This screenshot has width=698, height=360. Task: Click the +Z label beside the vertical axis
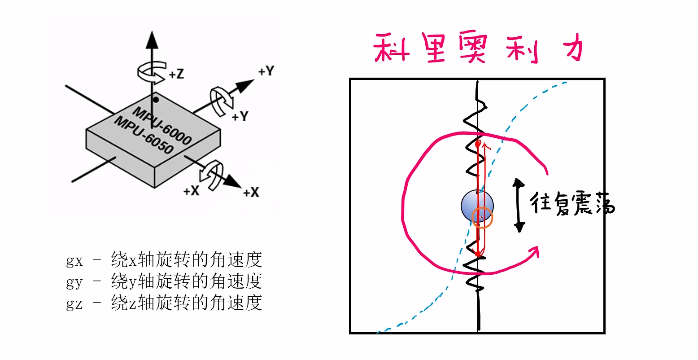[177, 74]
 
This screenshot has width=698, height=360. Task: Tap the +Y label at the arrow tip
[266, 71]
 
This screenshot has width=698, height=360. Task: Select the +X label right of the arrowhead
[251, 193]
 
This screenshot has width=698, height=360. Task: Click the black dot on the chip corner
[156, 99]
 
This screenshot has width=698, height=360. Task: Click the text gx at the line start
[74, 260]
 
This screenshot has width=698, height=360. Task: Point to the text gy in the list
[74, 281]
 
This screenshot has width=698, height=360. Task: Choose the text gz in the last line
[74, 303]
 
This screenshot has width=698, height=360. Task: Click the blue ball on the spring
[477, 205]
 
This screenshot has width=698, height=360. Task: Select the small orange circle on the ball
[482, 218]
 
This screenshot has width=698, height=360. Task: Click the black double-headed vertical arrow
[519, 205]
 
